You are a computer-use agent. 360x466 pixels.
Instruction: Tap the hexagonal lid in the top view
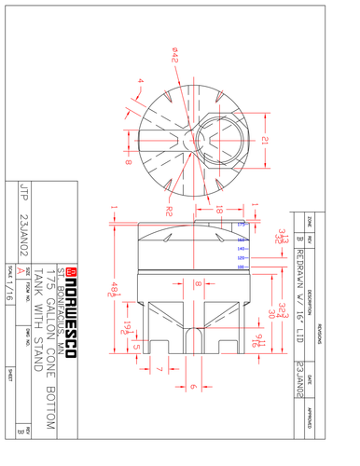(x=222, y=141)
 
